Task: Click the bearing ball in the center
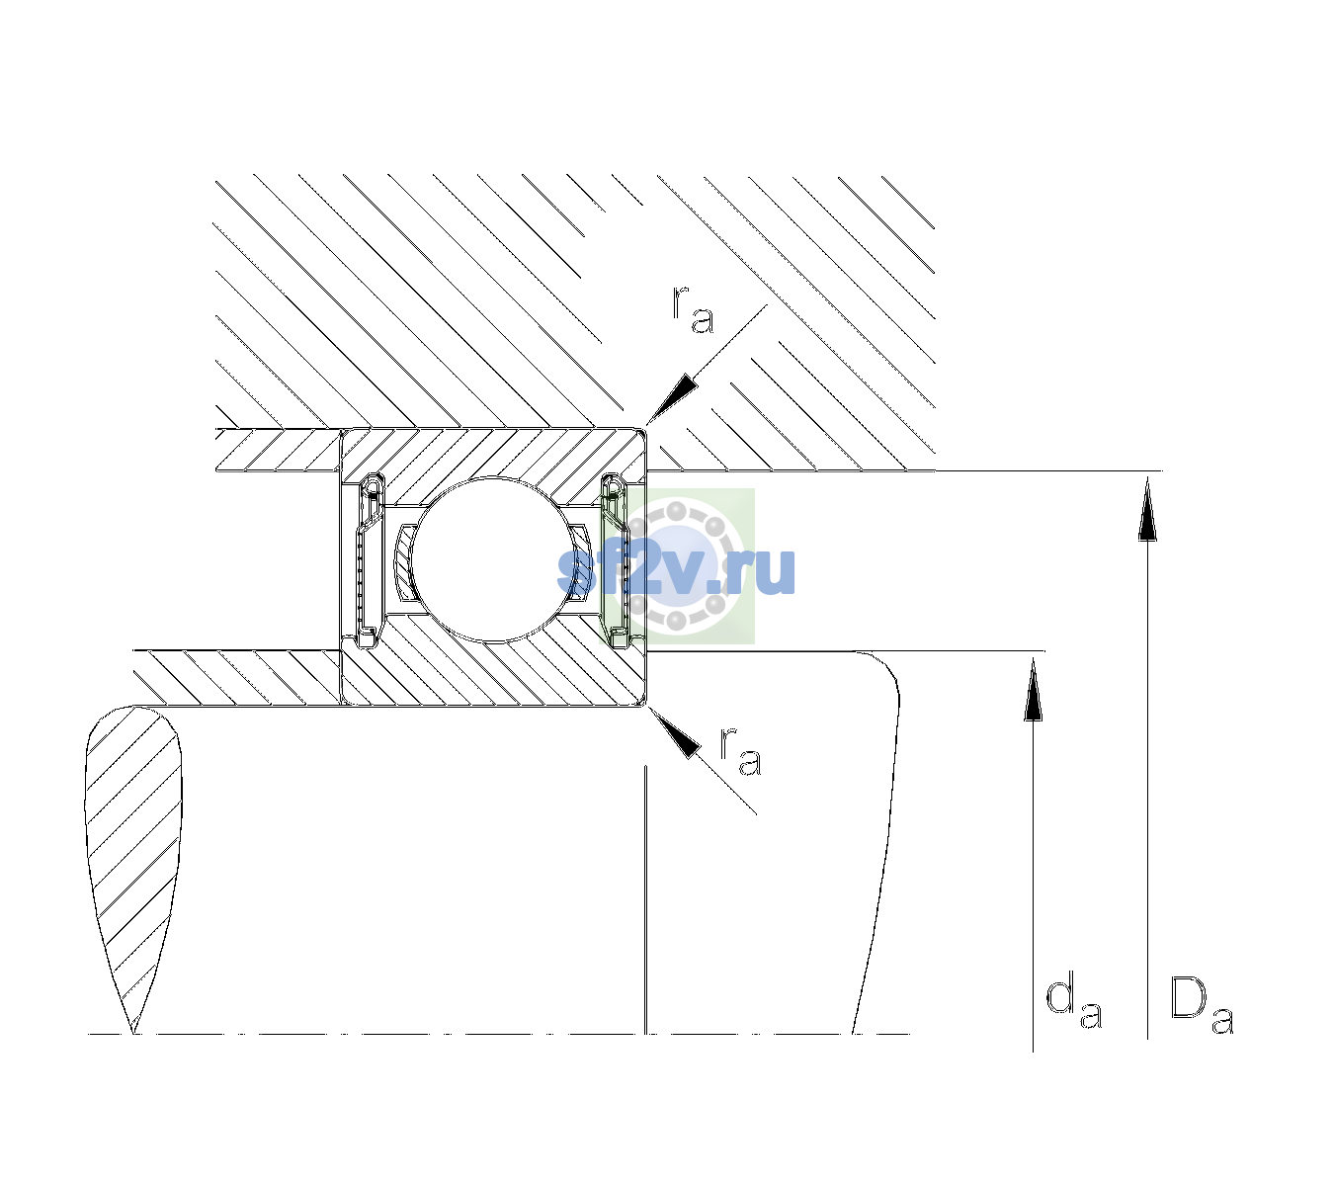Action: click(x=491, y=559)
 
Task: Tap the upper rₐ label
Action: click(x=693, y=310)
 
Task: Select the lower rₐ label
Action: click(x=741, y=751)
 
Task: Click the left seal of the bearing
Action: click(x=370, y=559)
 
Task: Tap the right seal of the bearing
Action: click(x=616, y=559)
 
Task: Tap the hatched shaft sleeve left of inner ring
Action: click(x=237, y=678)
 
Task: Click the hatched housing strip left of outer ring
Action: click(x=278, y=450)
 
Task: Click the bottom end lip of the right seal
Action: click(x=619, y=637)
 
